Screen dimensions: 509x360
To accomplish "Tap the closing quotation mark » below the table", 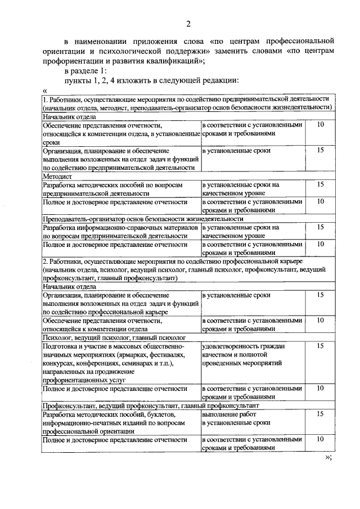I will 330,457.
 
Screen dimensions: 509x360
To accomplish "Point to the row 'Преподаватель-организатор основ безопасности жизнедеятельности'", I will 143,219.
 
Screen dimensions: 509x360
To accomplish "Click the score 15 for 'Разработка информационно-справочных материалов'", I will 320,227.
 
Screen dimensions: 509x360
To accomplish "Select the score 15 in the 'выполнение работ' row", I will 320,414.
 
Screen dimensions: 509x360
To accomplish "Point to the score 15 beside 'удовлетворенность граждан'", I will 320,346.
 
